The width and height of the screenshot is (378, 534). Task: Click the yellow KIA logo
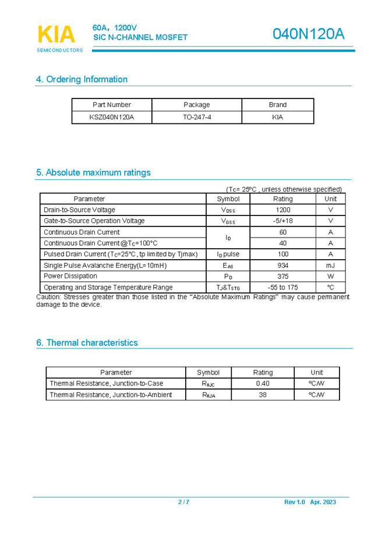point(56,34)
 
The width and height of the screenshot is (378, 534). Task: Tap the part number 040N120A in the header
point(309,34)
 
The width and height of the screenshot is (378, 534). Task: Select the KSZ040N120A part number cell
point(112,117)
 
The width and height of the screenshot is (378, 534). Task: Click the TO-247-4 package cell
point(197,117)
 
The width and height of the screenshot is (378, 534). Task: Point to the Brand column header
point(277,105)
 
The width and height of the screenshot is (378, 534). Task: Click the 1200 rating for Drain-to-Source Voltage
point(282,210)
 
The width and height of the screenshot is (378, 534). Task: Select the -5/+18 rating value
point(282,221)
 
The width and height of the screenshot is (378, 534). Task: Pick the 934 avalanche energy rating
point(282,265)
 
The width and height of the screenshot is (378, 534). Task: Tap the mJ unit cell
point(330,265)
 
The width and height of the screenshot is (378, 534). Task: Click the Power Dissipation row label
point(70,276)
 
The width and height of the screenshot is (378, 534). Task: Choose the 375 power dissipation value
point(282,276)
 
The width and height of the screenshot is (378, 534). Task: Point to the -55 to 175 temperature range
point(282,287)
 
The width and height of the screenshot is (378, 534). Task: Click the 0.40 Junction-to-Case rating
point(263,383)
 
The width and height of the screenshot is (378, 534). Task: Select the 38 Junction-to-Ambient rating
point(263,394)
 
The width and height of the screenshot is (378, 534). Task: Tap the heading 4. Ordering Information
point(82,79)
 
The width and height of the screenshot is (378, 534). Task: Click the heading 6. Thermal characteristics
point(87,342)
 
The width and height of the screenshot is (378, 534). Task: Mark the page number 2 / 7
point(183,502)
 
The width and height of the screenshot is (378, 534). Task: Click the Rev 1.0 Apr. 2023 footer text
point(310,502)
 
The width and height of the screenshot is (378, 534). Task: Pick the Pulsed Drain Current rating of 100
point(282,254)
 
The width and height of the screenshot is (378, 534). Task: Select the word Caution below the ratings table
point(48,297)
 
